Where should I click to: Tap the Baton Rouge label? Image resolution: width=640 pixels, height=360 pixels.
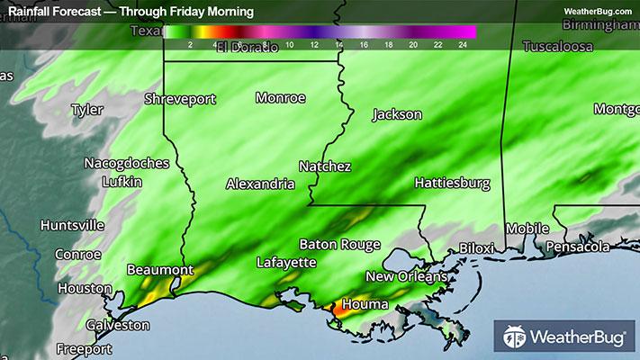click(340, 245)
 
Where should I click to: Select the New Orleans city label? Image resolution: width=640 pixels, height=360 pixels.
click(406, 276)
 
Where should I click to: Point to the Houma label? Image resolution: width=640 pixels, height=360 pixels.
click(365, 305)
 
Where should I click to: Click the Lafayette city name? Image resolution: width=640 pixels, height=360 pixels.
click(286, 263)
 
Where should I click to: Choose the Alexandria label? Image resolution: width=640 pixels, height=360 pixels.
click(260, 184)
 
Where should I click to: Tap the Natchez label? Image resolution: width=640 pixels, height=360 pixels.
click(325, 166)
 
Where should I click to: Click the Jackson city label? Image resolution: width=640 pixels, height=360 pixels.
click(397, 115)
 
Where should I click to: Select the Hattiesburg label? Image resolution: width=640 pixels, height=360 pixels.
click(452, 184)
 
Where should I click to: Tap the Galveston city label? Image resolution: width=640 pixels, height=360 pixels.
click(118, 325)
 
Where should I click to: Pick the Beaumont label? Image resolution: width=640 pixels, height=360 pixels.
click(160, 270)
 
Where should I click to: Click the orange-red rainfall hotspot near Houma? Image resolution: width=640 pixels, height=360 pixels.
click(339, 308)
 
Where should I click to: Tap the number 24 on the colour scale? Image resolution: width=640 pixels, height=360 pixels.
click(462, 43)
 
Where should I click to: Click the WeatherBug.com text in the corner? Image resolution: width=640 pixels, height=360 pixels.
click(598, 11)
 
